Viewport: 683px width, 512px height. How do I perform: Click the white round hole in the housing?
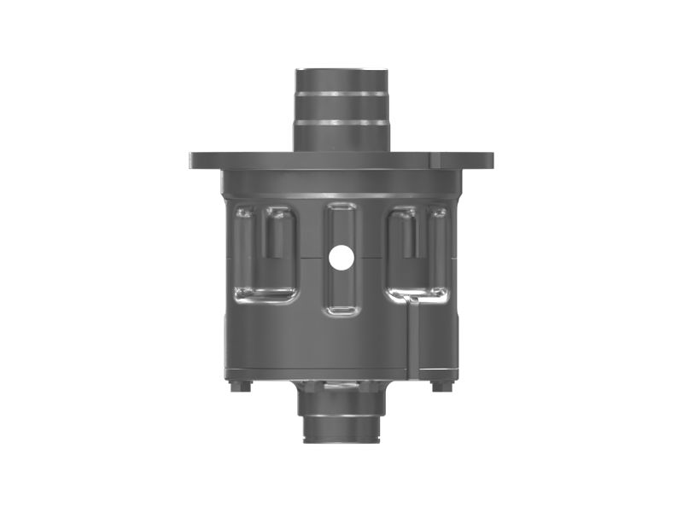[341, 259]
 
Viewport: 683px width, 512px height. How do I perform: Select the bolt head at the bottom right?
[441, 387]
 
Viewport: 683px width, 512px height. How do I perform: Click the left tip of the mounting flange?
[193, 160]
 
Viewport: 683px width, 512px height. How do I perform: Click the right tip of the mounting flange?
[491, 160]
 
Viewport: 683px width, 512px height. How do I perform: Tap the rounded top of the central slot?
[341, 210]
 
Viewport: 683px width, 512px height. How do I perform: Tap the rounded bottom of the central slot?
[341, 309]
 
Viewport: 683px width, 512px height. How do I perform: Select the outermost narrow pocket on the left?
[244, 247]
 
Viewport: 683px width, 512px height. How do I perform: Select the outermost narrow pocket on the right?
[438, 247]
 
